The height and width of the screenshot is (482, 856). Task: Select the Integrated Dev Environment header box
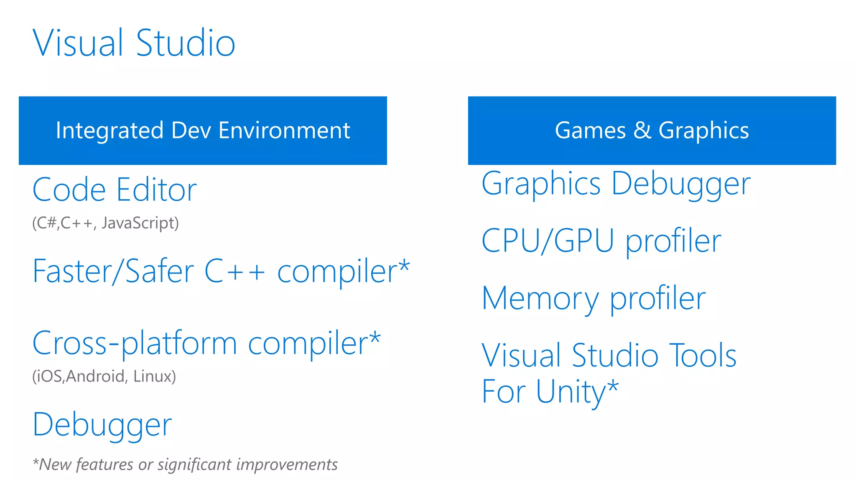click(x=203, y=131)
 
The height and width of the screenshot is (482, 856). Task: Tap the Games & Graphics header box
click(x=652, y=131)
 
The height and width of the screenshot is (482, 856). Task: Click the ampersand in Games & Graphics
click(x=642, y=131)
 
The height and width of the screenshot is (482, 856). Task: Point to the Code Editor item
click(x=114, y=190)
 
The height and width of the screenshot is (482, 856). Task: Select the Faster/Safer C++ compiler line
click(x=221, y=271)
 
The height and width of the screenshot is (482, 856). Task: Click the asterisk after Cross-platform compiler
click(x=375, y=337)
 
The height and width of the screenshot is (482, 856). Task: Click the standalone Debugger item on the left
click(x=102, y=425)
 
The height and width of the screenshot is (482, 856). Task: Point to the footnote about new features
click(x=185, y=464)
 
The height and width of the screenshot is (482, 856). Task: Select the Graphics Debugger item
click(x=616, y=184)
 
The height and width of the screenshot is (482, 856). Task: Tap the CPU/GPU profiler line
click(x=601, y=241)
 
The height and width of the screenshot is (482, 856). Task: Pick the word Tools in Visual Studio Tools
click(x=703, y=356)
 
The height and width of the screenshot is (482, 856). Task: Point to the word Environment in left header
click(x=284, y=131)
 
